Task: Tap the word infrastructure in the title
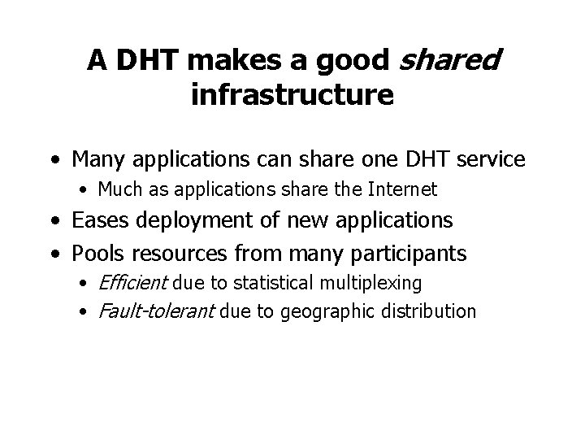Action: point(292,94)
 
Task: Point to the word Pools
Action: point(97,254)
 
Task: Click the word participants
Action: point(411,254)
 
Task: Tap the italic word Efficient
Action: point(132,283)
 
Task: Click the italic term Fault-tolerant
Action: point(153,311)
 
